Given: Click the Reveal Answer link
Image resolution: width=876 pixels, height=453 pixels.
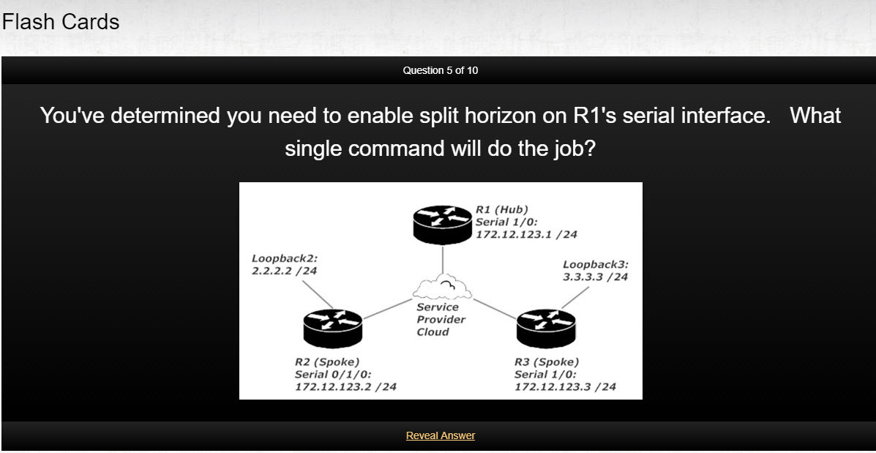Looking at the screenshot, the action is (441, 435).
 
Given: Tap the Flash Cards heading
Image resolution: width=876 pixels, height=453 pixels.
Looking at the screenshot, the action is (61, 22).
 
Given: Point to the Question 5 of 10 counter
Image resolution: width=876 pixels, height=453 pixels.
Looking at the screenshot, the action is (441, 70).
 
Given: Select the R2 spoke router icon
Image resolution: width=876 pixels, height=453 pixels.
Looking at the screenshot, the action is (333, 329).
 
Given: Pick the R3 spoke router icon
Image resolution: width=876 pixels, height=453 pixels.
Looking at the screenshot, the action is (546, 329).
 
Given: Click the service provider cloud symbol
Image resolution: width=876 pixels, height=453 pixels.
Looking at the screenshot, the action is (442, 286).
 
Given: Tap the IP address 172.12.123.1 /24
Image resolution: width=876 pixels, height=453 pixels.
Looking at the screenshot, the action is (526, 235).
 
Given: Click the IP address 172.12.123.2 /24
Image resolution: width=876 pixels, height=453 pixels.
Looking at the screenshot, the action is (346, 386).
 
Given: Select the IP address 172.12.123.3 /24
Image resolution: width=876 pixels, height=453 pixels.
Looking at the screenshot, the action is (566, 386).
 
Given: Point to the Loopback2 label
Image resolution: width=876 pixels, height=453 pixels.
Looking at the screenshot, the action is (285, 258).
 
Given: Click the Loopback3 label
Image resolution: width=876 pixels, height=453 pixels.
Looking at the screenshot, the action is (596, 265).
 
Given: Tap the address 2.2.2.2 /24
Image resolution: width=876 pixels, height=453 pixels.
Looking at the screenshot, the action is (284, 271).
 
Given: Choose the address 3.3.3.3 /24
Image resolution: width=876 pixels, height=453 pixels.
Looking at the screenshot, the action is (596, 277).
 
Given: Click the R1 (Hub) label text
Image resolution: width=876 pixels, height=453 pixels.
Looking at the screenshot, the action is (502, 210).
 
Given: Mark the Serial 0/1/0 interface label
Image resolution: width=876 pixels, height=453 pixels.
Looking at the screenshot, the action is (333, 374).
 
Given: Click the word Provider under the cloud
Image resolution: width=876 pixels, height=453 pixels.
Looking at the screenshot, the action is (441, 320).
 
